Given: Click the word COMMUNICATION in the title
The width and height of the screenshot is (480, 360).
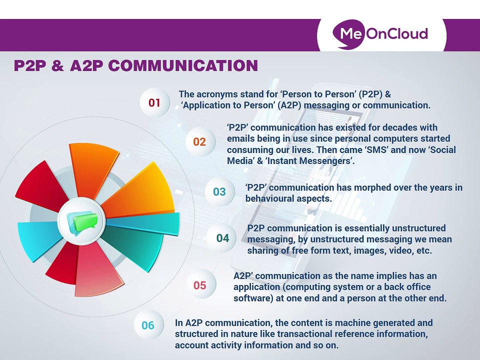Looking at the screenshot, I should tap(183, 66).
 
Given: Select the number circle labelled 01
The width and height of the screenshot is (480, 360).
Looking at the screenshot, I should tap(154, 103).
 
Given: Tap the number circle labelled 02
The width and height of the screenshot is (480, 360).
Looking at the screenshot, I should tap(199, 142).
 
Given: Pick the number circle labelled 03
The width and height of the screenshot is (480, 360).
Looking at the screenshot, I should tap(219, 191).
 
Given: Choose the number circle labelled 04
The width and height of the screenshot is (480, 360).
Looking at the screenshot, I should tap(222, 238).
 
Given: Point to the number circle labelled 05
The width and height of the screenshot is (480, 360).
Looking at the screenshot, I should tap(199, 285).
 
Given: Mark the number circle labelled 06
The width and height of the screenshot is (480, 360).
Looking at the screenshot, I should tap(148, 325).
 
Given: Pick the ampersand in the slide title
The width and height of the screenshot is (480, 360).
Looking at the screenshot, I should tap(58, 66).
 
